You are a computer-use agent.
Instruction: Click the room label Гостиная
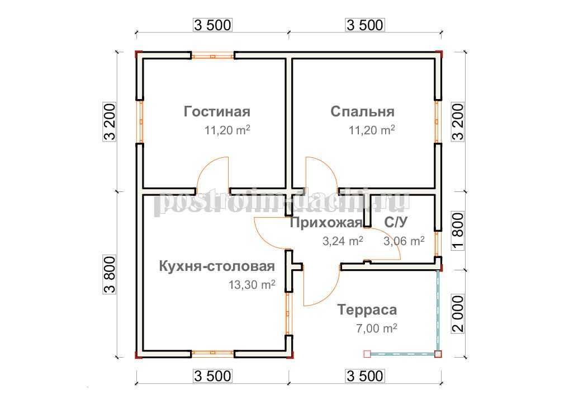coord(217,111)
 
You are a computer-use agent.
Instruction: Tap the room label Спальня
coord(362,111)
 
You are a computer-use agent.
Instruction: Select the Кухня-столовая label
coord(217,266)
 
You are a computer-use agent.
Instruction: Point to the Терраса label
coord(367,310)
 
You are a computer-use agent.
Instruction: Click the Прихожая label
coord(326,222)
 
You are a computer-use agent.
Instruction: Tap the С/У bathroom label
coord(396,222)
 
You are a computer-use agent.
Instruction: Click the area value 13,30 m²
coord(252,284)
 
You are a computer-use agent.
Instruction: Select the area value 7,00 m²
coord(376,328)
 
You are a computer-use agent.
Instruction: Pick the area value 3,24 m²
coord(343,241)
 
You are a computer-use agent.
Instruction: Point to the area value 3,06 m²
coord(404,241)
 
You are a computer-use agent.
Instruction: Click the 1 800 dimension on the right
coord(459,231)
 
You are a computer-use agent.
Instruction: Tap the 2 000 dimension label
coord(459,313)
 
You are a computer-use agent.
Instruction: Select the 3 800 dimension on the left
coord(110,274)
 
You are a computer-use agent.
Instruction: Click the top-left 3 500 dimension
coord(212,25)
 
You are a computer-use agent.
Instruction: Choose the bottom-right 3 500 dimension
coord(365,376)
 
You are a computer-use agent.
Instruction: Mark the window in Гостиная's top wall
coord(212,56)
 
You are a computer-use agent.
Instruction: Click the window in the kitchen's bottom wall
coord(212,353)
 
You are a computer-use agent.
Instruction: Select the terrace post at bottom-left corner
coord(367,354)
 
